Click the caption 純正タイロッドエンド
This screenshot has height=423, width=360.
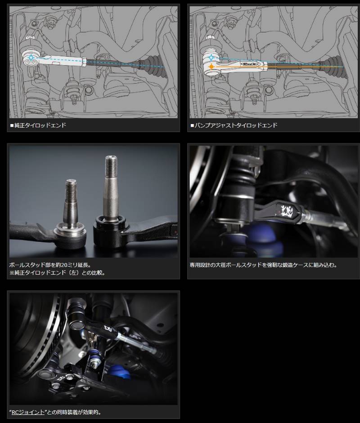[x=40, y=125]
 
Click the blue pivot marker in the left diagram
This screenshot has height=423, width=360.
[x=31, y=58]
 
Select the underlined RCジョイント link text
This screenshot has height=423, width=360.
[x=28, y=412]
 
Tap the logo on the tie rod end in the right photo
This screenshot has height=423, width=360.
[x=287, y=209]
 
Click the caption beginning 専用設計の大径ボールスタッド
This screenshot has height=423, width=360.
[x=263, y=265]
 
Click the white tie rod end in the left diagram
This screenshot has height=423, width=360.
[x=63, y=60]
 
